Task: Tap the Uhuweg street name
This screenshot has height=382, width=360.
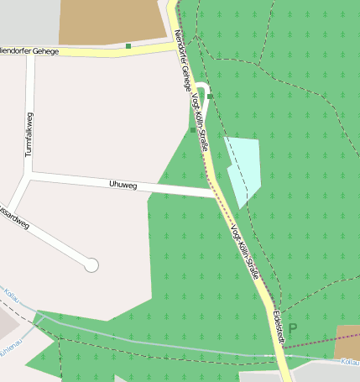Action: click(123, 184)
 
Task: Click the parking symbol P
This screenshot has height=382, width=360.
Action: click(293, 328)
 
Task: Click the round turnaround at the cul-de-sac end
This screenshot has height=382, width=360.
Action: click(91, 265)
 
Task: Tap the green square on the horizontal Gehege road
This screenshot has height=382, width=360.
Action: click(128, 45)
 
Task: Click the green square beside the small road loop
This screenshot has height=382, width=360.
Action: click(210, 97)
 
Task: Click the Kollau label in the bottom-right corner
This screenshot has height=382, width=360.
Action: click(350, 363)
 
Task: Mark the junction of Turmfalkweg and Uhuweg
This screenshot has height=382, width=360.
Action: click(31, 174)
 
